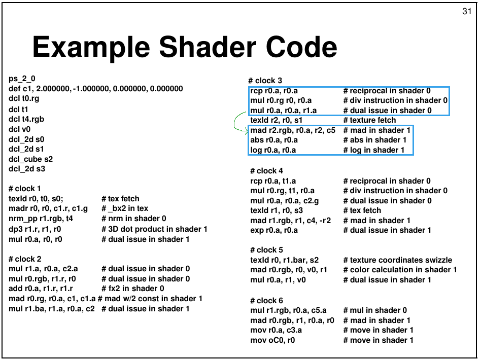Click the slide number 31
467,11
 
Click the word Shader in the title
208,47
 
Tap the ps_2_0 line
22,79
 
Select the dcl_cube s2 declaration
30,159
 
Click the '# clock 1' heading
24,188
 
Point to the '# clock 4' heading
266,171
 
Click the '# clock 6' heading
266,301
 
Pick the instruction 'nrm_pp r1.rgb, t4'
41,219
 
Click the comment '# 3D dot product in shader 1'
155,229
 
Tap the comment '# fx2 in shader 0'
133,289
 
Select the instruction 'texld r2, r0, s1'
277,120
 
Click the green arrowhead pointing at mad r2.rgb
246,131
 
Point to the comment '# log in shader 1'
374,150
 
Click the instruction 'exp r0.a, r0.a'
274,230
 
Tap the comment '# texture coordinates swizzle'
398,260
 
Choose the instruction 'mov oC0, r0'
272,340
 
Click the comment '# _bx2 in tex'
125,208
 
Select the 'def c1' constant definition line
96,89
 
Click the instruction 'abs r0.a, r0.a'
274,140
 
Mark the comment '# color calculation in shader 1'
400,270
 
